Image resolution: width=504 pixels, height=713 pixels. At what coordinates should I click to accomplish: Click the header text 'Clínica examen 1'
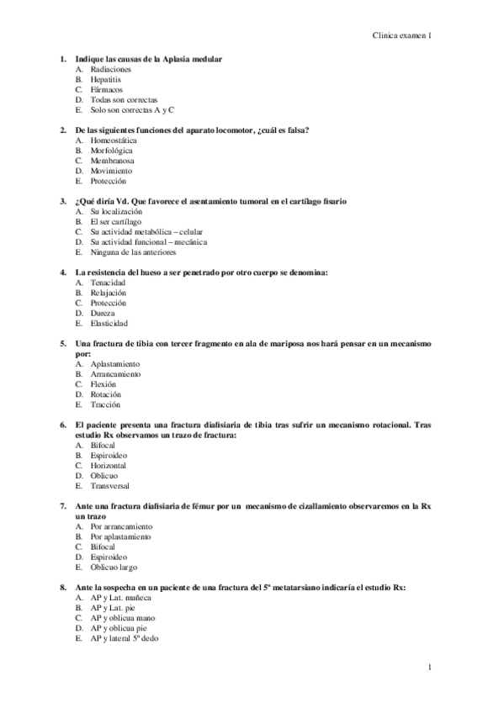pos(402,36)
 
